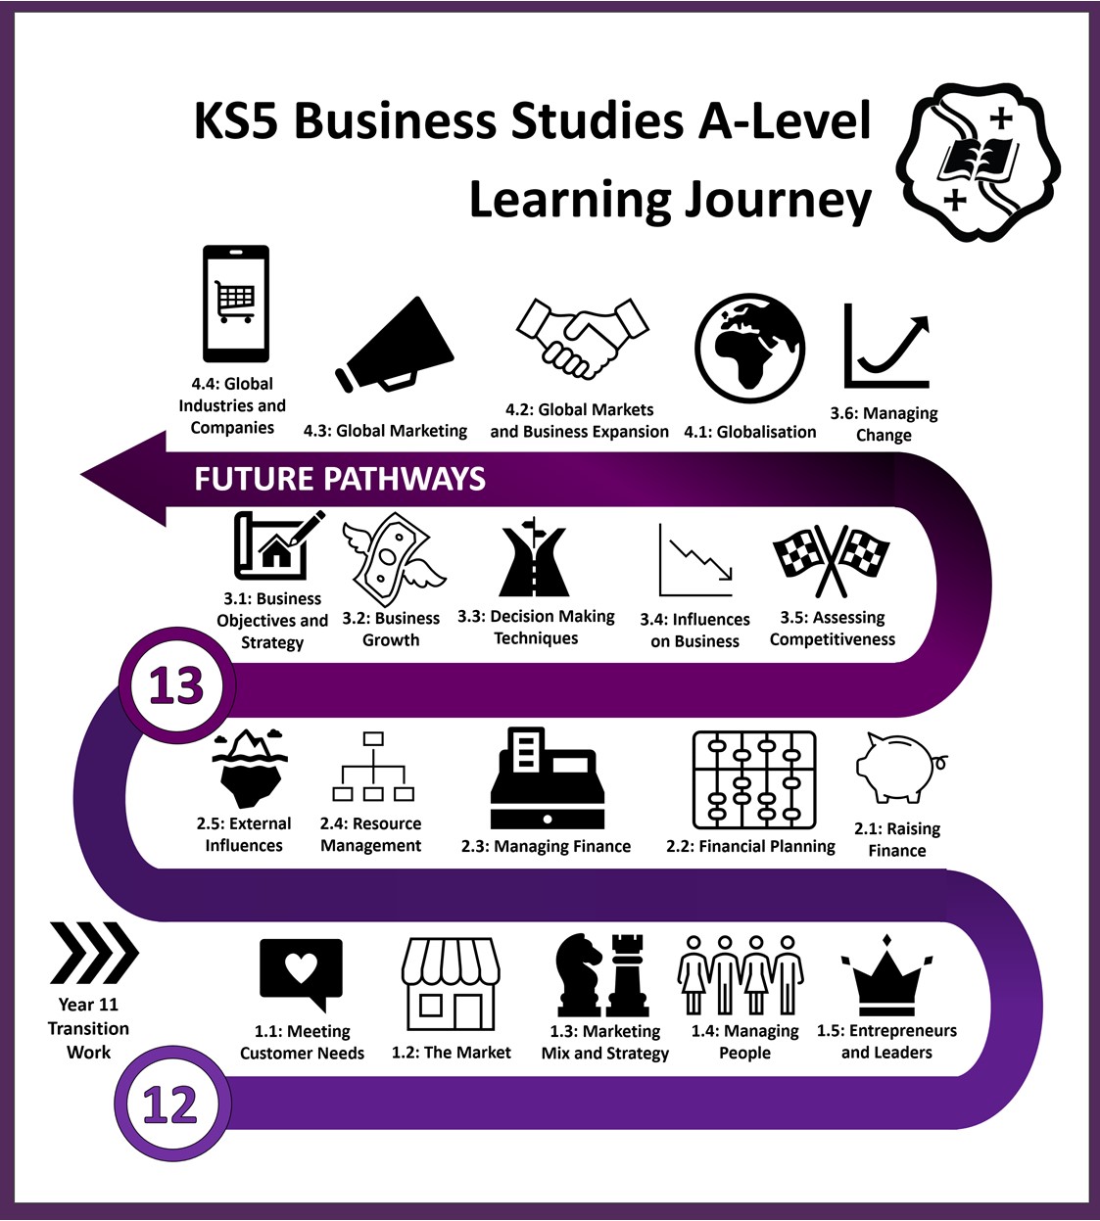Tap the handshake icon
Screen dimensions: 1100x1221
click(582, 338)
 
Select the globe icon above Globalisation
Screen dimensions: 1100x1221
click(749, 349)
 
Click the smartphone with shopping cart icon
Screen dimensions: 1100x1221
click(236, 304)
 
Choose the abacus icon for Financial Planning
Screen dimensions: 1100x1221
click(754, 779)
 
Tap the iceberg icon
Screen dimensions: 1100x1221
click(250, 769)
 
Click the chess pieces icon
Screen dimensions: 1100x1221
click(601, 975)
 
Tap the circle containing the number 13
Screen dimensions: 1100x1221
click(176, 685)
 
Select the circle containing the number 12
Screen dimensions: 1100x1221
click(171, 1104)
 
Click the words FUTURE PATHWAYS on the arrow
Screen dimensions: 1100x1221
click(340, 479)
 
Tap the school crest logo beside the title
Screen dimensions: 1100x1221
click(979, 162)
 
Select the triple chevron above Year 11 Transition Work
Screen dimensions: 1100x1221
click(94, 953)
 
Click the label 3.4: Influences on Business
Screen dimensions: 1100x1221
click(694, 631)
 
